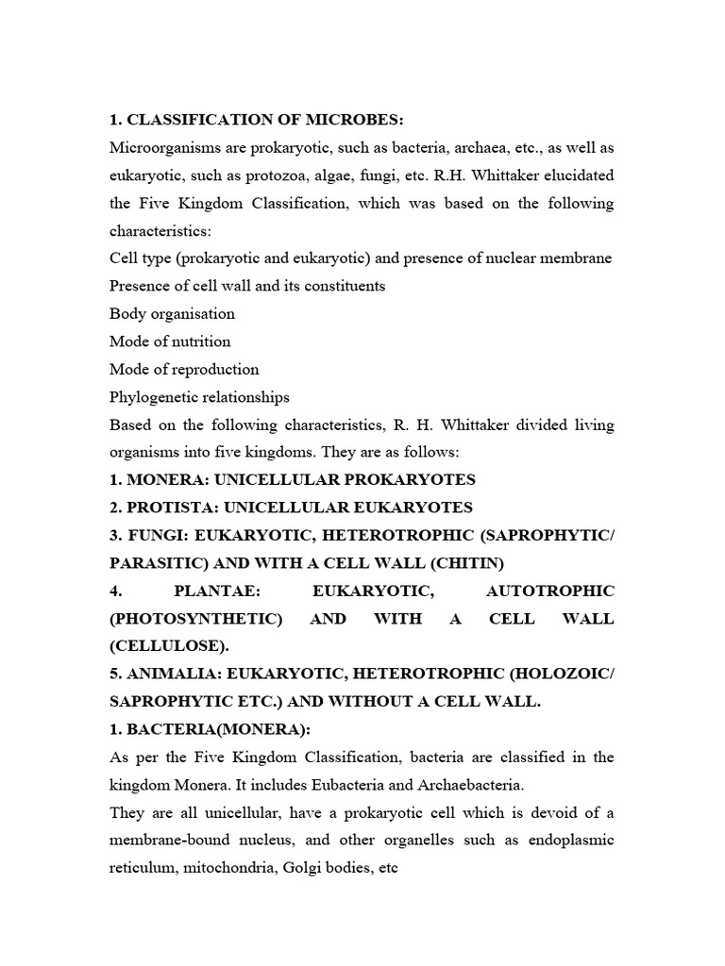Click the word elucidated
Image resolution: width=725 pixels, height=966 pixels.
tap(574, 175)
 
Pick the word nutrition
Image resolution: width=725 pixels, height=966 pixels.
tap(201, 341)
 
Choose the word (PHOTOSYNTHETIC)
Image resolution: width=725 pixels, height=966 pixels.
tap(195, 619)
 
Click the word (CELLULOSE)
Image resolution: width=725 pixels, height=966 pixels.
tap(162, 646)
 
